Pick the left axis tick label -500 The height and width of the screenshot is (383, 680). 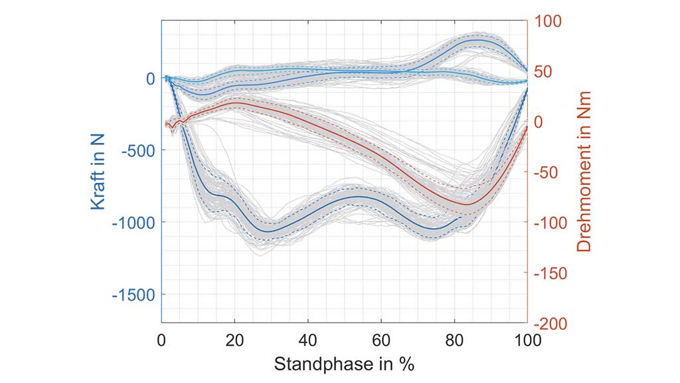[x=138, y=150]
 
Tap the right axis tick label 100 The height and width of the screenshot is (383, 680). [x=548, y=21]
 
